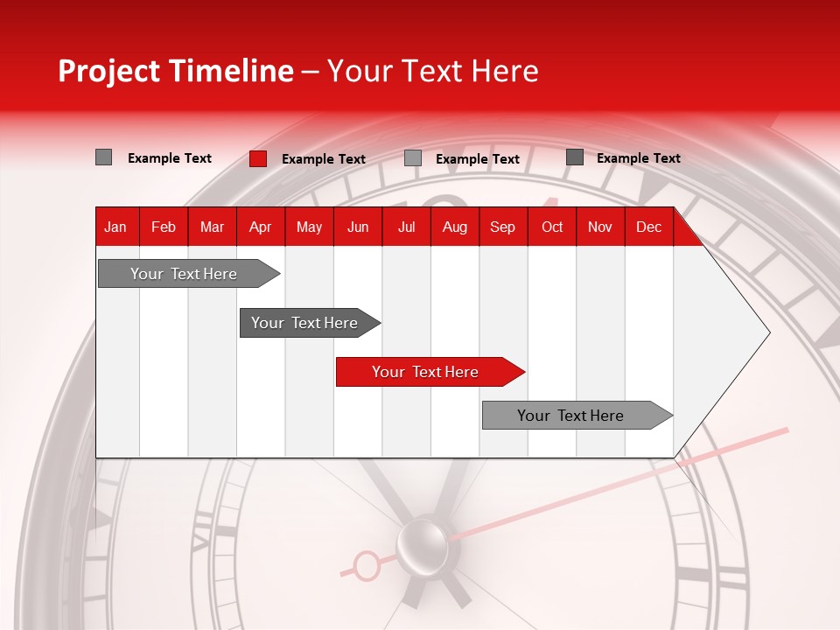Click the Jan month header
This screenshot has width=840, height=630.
point(115,227)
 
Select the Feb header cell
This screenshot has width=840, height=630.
point(164,227)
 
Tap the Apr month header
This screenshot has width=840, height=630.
point(261,227)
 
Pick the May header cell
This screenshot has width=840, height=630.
point(309,227)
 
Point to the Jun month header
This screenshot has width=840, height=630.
point(358,227)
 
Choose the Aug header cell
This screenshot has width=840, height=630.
point(455,227)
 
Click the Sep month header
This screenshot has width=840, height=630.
point(503,227)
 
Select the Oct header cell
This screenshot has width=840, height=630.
point(552,227)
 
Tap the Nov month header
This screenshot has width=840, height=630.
point(600,227)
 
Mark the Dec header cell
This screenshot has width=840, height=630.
point(649,227)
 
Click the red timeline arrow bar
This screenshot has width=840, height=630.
point(429,372)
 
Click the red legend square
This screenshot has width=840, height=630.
point(258,158)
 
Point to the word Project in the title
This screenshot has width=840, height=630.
point(108,71)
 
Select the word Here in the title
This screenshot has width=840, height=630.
point(505,71)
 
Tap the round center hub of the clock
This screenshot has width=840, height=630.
point(422,543)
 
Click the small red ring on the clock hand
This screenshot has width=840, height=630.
point(367,566)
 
